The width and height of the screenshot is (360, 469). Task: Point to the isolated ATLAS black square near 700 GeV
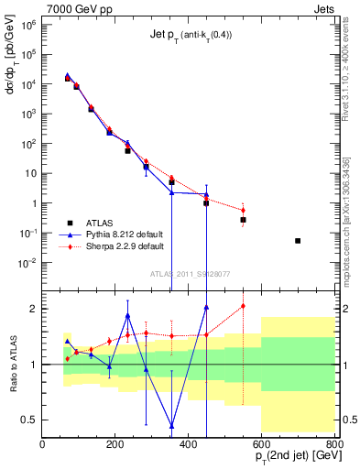(298, 241)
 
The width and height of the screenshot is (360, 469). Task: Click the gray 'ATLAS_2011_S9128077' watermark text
(190, 272)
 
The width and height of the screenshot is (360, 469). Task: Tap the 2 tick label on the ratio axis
(34, 309)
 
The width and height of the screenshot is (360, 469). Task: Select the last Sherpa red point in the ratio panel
(243, 306)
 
